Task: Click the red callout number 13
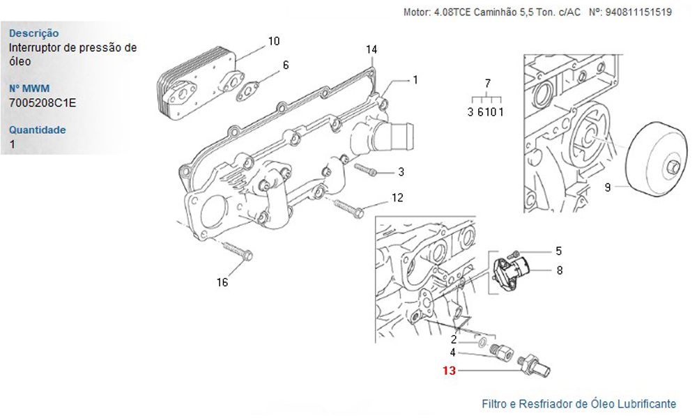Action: [449, 371]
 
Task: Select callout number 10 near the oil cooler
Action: [273, 41]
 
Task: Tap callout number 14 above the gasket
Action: [372, 49]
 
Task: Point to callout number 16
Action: [222, 282]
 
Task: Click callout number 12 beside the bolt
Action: [397, 198]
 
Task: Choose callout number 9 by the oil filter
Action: [607, 187]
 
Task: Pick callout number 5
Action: [558, 251]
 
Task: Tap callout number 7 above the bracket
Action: [487, 83]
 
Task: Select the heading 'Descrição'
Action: [33, 33]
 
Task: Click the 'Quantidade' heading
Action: [38, 130]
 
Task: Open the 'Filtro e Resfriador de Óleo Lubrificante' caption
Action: [579, 404]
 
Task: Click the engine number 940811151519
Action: [639, 13]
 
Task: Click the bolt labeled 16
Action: [237, 251]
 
